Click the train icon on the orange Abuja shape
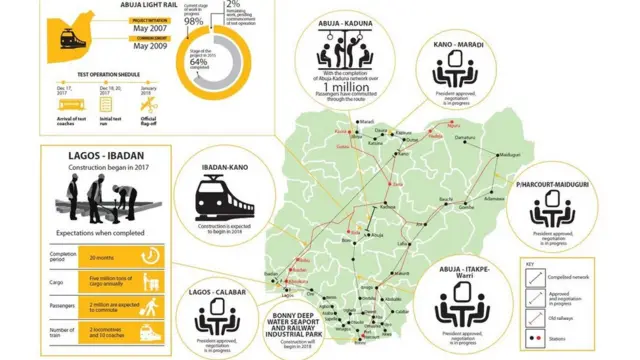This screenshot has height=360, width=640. pyautogui.click(x=73, y=36)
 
